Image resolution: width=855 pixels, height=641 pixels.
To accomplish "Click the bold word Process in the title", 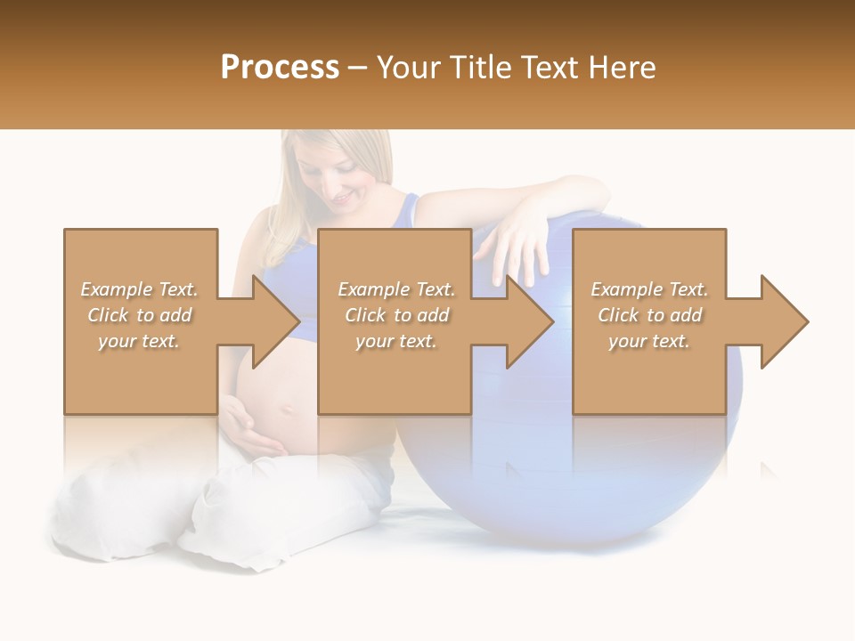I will [x=280, y=68].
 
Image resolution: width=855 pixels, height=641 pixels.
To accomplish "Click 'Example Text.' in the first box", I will [x=140, y=289].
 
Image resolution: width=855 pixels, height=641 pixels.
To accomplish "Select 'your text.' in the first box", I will [x=140, y=341].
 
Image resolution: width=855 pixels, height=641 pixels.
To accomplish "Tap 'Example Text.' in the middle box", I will [x=396, y=289].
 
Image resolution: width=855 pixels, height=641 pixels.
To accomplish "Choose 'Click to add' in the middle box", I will [x=396, y=315].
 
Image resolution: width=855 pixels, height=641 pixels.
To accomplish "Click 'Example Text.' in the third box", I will [x=649, y=289].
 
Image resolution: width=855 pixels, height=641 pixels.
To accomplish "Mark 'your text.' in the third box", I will [x=649, y=341].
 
